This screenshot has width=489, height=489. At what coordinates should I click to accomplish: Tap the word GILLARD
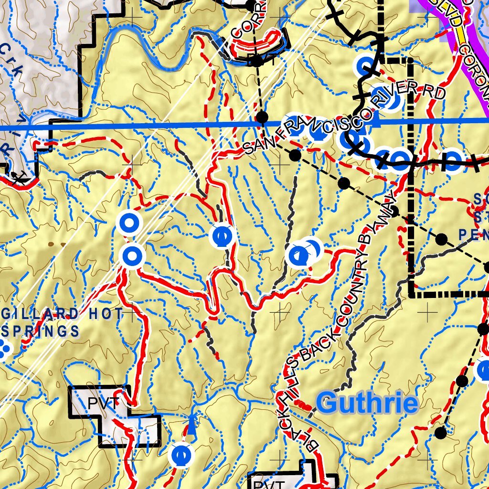tap(40, 314)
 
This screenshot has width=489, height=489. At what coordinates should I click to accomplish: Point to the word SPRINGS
tap(41, 330)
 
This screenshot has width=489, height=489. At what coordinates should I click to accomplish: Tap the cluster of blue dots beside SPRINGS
tap(5, 349)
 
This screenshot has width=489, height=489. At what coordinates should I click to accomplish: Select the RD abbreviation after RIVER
tap(434, 93)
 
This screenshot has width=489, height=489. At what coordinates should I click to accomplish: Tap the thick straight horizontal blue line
tap(143, 128)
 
